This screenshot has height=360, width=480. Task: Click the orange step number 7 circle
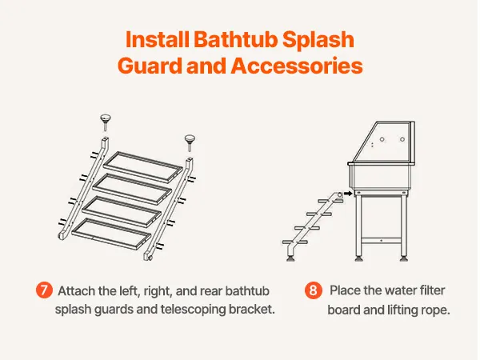[x=44, y=290]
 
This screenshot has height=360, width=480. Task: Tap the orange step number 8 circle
[x=313, y=290]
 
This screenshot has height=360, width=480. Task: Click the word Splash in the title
[x=318, y=41]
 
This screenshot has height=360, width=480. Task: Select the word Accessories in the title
[x=297, y=66]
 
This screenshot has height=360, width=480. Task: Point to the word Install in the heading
[x=158, y=39]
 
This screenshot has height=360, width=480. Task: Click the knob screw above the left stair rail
[x=106, y=122]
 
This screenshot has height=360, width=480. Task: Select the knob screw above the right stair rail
[x=190, y=142]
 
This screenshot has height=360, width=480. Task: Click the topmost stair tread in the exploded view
[x=143, y=167]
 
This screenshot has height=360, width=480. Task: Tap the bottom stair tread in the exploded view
[x=111, y=234]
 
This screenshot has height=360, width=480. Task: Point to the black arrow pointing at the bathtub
[x=348, y=194]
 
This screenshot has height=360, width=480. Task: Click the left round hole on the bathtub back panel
[x=382, y=139]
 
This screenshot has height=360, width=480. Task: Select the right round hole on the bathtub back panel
[x=402, y=139]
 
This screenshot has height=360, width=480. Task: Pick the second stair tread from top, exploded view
[x=132, y=189]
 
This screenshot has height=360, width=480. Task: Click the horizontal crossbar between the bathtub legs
[x=381, y=241]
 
